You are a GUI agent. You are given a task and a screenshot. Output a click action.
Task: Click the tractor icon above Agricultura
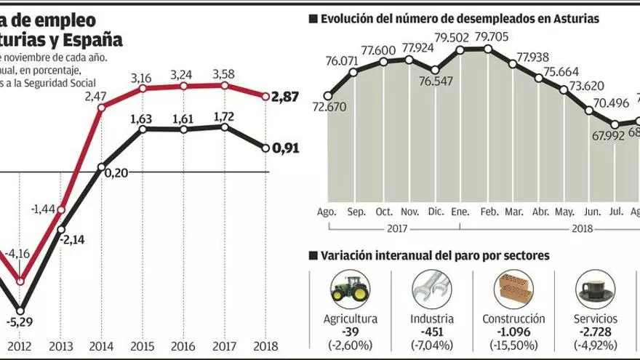351,289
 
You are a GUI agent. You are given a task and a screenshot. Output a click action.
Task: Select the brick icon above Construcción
513,289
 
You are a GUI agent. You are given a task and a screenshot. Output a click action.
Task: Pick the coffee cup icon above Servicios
595,290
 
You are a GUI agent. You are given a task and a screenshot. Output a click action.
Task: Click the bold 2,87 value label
285,96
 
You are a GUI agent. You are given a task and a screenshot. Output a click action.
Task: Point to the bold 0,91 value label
285,149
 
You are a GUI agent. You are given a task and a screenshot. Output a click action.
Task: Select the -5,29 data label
20,321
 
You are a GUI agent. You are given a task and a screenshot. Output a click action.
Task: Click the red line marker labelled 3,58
224,86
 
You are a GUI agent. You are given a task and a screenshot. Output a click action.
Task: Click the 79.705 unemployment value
492,37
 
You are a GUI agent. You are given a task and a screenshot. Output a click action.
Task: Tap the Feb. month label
488,212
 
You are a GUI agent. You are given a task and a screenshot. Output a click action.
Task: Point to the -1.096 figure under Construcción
513,331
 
